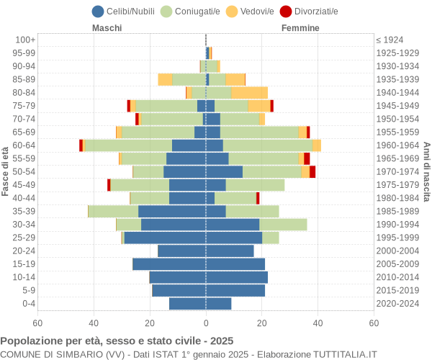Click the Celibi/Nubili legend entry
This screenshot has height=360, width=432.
pos(125,11)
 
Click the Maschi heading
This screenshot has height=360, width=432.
pos(107,28)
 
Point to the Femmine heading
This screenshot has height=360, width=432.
pos(301,28)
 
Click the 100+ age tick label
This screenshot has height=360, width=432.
pos(24,40)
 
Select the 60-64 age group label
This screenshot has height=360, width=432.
pos(24,145)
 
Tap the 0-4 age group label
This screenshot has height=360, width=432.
pos(29,304)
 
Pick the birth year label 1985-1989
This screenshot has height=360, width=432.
pos(397,212)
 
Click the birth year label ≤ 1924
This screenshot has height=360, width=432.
pos(390,40)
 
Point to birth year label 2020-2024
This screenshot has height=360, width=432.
pos(397,304)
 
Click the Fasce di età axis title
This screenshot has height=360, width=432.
pos(6,171)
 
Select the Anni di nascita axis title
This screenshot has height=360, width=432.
pos(426,171)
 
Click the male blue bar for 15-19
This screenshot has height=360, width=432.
pos(169,264)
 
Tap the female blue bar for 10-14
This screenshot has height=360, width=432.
pos(237,277)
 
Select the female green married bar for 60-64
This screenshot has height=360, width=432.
pos(267,145)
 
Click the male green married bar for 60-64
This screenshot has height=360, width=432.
pos(128,145)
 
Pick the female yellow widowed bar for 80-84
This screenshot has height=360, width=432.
pos(249,92)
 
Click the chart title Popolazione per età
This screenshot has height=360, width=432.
pos(117,341)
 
